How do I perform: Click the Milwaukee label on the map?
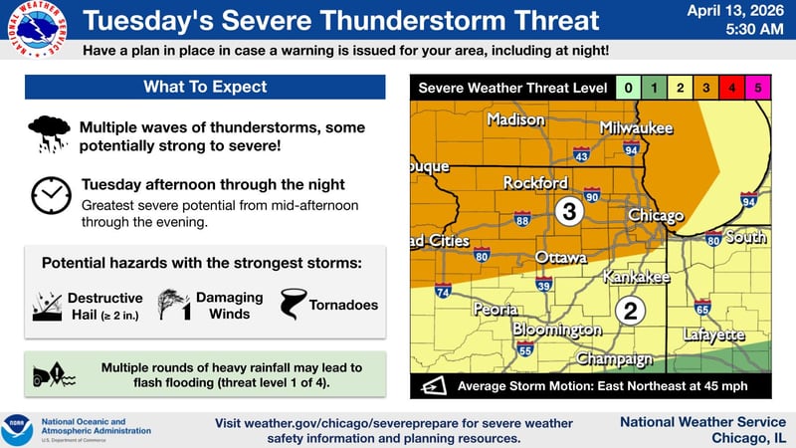[637, 128]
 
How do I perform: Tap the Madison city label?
[515, 120]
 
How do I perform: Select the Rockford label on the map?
[535, 183]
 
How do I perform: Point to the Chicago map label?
[656, 216]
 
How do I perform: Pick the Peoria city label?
[496, 310]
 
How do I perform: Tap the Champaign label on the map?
[614, 358]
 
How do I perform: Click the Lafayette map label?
[713, 336]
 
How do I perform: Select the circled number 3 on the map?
[568, 211]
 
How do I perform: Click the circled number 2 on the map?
[629, 311]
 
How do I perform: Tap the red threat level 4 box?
[732, 88]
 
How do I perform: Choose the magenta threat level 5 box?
[759, 88]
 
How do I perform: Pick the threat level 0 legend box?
[628, 88]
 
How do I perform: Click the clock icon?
[49, 194]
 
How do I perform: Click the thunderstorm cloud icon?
[49, 134]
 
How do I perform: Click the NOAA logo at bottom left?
[17, 430]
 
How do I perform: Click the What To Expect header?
[204, 88]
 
